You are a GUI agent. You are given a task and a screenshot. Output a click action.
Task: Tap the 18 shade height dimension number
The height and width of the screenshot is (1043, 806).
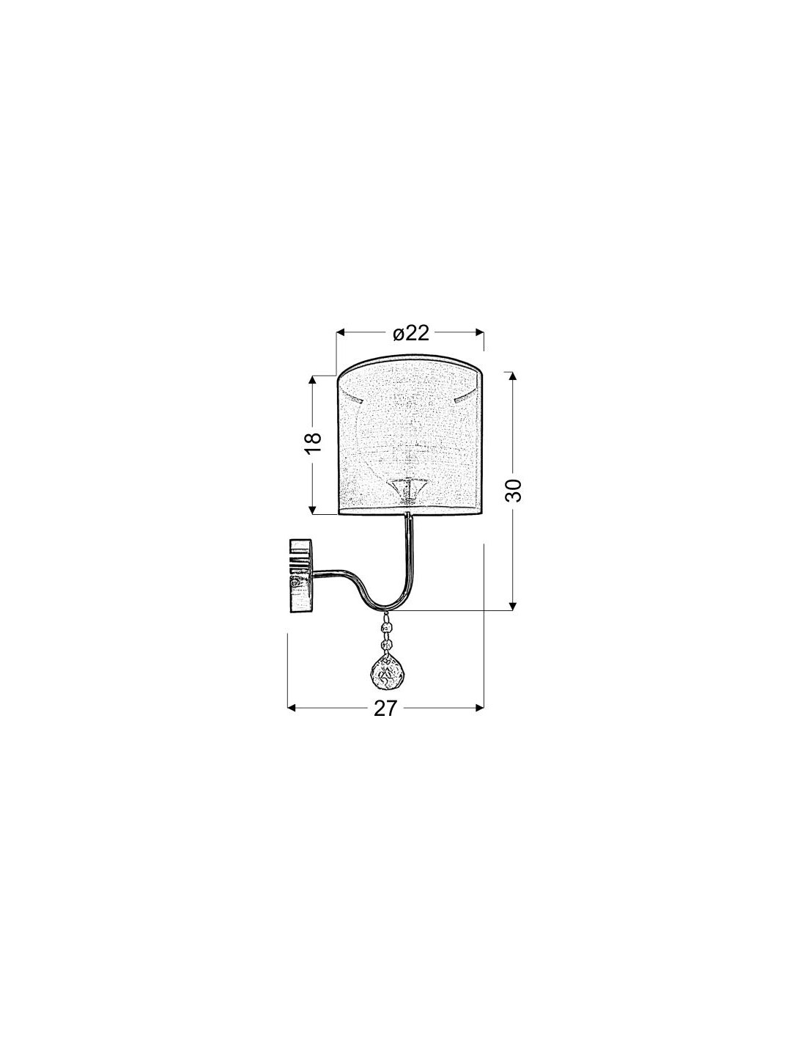pyautogui.click(x=313, y=444)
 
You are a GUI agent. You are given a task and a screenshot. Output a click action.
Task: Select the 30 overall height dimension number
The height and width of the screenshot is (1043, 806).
pyautogui.click(x=513, y=490)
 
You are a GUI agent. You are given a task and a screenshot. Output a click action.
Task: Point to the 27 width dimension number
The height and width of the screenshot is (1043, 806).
pyautogui.click(x=386, y=721)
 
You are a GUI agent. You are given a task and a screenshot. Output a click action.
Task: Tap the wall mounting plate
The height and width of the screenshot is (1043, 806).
pyautogui.click(x=300, y=576)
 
